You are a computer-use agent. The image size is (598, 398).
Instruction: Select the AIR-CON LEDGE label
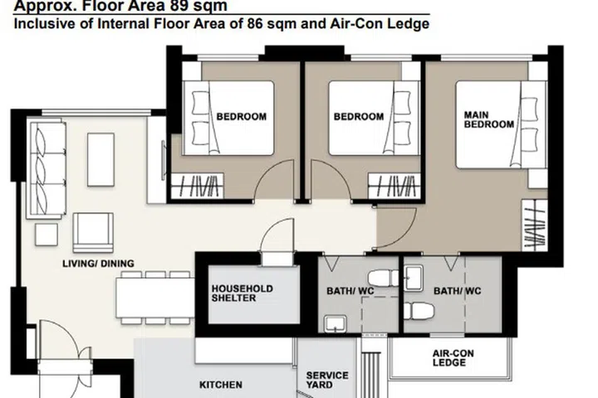coord(448,357)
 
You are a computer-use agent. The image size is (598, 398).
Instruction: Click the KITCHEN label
coord(221,385)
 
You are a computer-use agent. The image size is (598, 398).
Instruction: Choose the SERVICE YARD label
coord(327,380)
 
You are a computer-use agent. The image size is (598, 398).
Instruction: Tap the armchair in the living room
coord(93,232)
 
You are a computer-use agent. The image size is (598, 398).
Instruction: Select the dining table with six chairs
coord(154,296)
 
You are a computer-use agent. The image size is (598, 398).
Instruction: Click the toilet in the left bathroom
coord(385,279)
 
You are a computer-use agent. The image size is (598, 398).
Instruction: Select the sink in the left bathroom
coord(336,323)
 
